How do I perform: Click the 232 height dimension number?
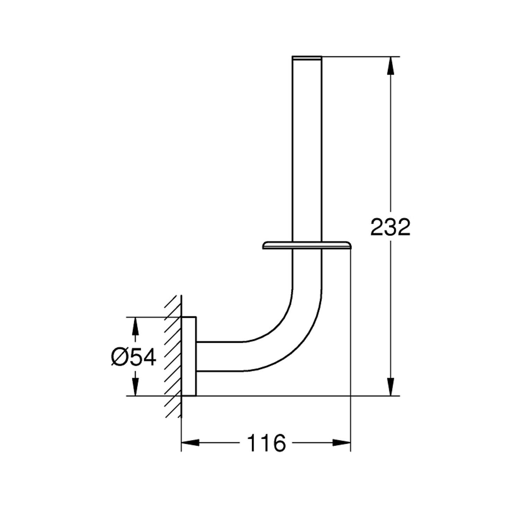click(x=390, y=227)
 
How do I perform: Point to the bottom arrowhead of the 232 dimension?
click(x=391, y=387)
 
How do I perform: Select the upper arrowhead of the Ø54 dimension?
click(x=135, y=326)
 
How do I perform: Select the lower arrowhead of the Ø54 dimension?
click(x=135, y=387)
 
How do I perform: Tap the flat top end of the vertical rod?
click(x=307, y=57)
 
